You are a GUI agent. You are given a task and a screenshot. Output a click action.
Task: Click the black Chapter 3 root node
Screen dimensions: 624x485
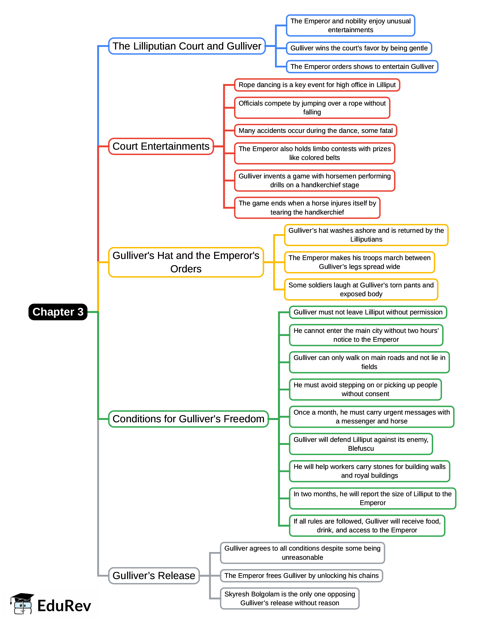(58, 312)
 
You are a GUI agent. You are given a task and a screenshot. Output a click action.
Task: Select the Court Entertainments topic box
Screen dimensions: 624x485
(161, 147)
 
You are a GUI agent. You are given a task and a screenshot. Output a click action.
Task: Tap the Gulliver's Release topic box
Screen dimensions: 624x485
(154, 576)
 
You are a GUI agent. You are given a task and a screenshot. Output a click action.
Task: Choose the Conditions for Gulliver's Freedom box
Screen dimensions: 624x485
(189, 419)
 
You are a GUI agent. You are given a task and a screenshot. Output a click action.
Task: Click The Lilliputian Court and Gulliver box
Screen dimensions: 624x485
(187, 46)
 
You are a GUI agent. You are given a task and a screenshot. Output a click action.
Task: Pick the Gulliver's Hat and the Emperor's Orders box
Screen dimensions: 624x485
(186, 262)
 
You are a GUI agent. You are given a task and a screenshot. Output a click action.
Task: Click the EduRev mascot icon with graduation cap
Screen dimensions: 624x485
(22, 604)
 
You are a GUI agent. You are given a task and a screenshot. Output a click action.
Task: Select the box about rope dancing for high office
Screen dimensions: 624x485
(317, 85)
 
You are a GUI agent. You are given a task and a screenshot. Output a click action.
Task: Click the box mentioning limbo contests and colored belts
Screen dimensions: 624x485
(315, 153)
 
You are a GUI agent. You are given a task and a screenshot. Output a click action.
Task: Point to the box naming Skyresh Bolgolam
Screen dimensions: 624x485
(289, 599)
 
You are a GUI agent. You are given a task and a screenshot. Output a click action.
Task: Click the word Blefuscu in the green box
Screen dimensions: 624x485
(361, 448)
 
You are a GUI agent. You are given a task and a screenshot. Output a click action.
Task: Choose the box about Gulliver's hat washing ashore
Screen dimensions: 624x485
(366, 235)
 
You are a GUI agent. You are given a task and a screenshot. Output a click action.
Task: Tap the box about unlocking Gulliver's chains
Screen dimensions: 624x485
(301, 576)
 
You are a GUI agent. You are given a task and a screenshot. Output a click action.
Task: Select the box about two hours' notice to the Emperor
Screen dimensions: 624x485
(366, 335)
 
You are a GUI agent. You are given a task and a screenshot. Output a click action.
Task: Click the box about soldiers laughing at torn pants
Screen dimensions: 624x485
(361, 290)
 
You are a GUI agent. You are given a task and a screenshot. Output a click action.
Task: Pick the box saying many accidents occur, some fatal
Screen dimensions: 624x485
(316, 131)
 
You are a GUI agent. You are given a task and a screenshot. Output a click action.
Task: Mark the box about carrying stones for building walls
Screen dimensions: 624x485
(369, 471)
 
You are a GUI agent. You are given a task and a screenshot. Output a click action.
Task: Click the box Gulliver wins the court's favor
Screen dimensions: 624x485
(359, 48)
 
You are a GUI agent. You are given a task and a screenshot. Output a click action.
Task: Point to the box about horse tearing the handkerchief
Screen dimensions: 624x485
(307, 208)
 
